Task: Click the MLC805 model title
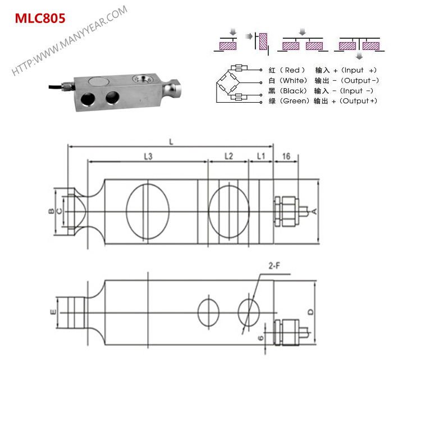(40, 18)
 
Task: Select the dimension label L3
(148, 157)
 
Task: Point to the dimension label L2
(228, 157)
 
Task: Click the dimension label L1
(260, 157)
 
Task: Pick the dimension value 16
(286, 157)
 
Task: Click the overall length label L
(171, 142)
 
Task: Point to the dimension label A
(315, 211)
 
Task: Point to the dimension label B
(51, 211)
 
